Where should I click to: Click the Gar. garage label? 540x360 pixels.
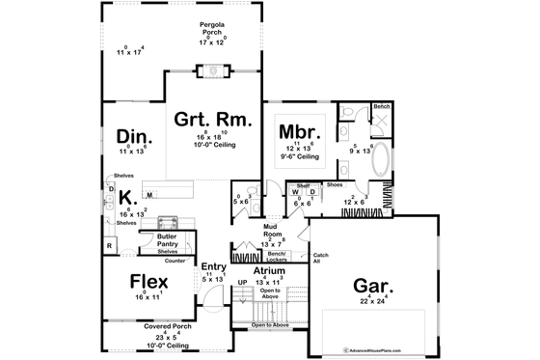[x=378, y=286]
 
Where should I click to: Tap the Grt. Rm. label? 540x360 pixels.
[x=213, y=121]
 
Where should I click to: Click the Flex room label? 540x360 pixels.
[x=150, y=282]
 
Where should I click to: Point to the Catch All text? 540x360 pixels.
[x=319, y=257]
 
